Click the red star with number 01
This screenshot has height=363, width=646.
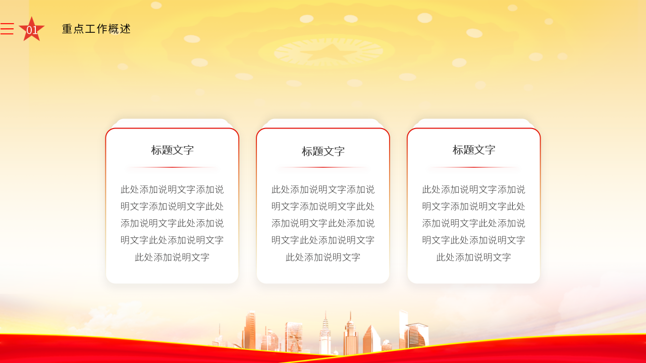31,29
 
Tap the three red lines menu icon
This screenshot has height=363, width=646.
7,29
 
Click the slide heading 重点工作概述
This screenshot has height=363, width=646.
96,29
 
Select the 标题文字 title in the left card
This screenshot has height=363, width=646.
172,150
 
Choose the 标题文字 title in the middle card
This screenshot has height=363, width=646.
323,151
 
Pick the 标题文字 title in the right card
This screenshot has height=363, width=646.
474,150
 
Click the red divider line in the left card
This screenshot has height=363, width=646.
172,167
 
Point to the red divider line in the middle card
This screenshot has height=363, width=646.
323,167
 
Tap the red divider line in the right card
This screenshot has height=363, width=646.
474,167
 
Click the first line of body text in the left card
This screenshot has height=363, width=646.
172,190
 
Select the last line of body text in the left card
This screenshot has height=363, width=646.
172,257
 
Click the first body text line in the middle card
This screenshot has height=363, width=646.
323,190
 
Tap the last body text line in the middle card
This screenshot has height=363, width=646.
323,257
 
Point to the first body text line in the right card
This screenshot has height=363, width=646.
474,190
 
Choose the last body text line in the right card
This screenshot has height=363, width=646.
474,257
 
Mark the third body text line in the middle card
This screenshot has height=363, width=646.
323,223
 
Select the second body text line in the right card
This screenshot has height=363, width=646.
474,206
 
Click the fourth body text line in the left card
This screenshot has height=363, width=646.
172,240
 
